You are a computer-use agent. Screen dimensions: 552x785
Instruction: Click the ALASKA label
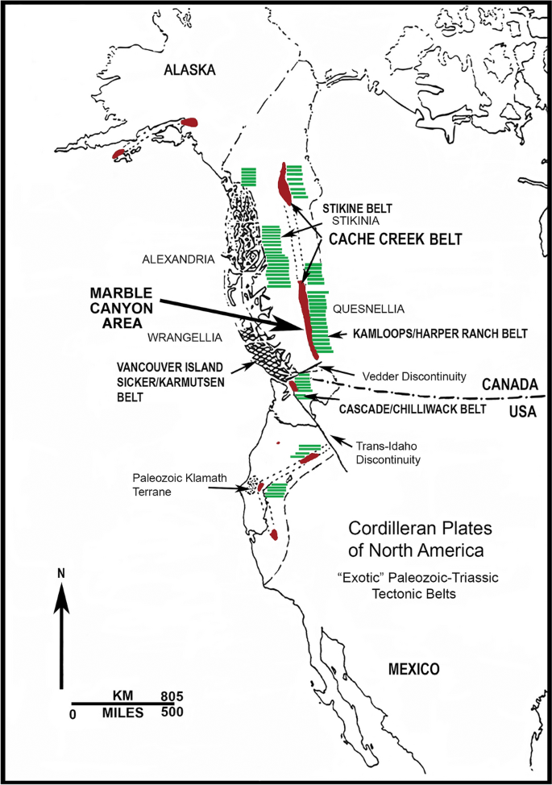(189, 70)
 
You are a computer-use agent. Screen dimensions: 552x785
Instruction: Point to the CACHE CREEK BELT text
(391, 239)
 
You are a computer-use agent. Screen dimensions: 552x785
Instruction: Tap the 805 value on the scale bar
(172, 696)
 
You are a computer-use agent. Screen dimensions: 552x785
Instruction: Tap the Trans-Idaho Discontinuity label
(390, 452)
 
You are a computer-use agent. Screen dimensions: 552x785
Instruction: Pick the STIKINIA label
(349, 219)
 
